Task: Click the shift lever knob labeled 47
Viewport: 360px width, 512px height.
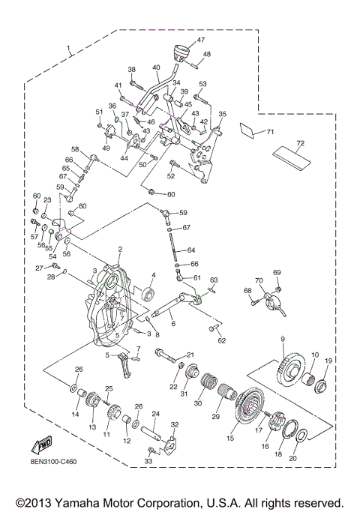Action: click(x=179, y=54)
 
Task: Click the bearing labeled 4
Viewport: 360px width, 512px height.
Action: click(x=146, y=292)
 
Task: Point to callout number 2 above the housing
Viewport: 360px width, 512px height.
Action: click(x=118, y=249)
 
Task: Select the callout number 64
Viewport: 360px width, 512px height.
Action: click(x=191, y=250)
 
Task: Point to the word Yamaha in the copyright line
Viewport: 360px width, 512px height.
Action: click(x=100, y=502)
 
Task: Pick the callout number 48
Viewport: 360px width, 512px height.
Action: click(x=207, y=54)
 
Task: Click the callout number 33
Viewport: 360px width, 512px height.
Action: click(x=148, y=461)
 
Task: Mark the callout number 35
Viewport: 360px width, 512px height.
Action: click(x=221, y=115)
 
